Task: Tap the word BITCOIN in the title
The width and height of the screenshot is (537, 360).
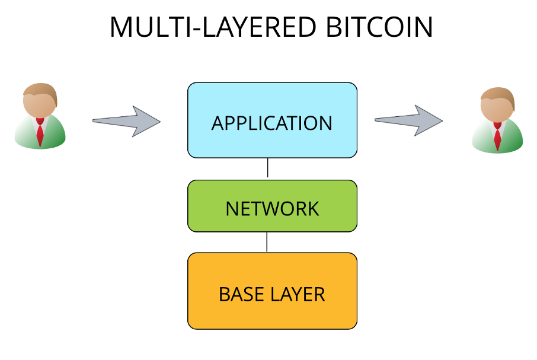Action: pyautogui.click(x=379, y=27)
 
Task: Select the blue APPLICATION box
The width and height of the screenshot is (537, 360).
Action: pyautogui.click(x=272, y=120)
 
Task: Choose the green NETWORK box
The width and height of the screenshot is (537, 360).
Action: pyautogui.click(x=272, y=206)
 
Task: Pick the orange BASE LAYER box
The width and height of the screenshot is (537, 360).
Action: pyautogui.click(x=272, y=291)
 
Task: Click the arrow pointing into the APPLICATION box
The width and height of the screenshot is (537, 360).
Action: pyautogui.click(x=126, y=121)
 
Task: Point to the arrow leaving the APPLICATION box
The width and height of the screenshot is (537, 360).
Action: pyautogui.click(x=408, y=120)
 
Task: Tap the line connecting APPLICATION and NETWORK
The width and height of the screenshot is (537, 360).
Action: pyautogui.click(x=267, y=168)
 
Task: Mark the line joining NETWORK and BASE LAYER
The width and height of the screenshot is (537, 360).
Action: pyautogui.click(x=267, y=242)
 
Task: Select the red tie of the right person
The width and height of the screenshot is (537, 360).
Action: pyautogui.click(x=497, y=136)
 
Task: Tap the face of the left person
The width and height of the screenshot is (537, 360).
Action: pyautogui.click(x=39, y=104)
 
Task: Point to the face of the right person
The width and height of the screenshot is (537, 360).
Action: pyautogui.click(x=496, y=109)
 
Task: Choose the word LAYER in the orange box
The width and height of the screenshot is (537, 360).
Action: pyautogui.click(x=298, y=294)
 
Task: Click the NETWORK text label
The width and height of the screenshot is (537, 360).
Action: pyautogui.click(x=272, y=209)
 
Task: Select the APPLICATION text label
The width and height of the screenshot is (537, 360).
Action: pyautogui.click(x=272, y=123)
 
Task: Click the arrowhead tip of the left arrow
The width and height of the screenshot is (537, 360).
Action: pyautogui.click(x=161, y=121)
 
